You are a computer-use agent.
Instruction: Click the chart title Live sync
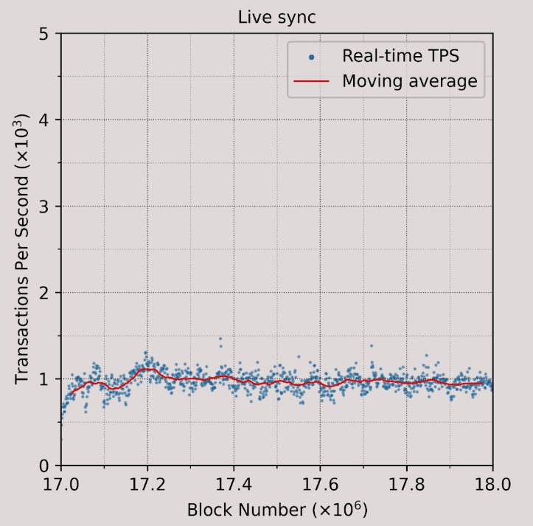276,17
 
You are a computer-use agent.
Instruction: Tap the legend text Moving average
409,80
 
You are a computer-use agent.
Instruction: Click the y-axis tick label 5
45,34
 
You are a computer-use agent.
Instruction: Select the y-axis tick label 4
45,120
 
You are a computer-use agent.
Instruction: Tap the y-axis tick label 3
45,207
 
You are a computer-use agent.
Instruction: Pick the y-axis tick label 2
45,293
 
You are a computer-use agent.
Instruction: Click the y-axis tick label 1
45,379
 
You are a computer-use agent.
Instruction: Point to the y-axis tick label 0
45,466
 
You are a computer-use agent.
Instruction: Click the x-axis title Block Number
276,510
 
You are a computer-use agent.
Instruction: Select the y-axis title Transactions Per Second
22,249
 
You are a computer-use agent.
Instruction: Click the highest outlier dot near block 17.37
220,339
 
